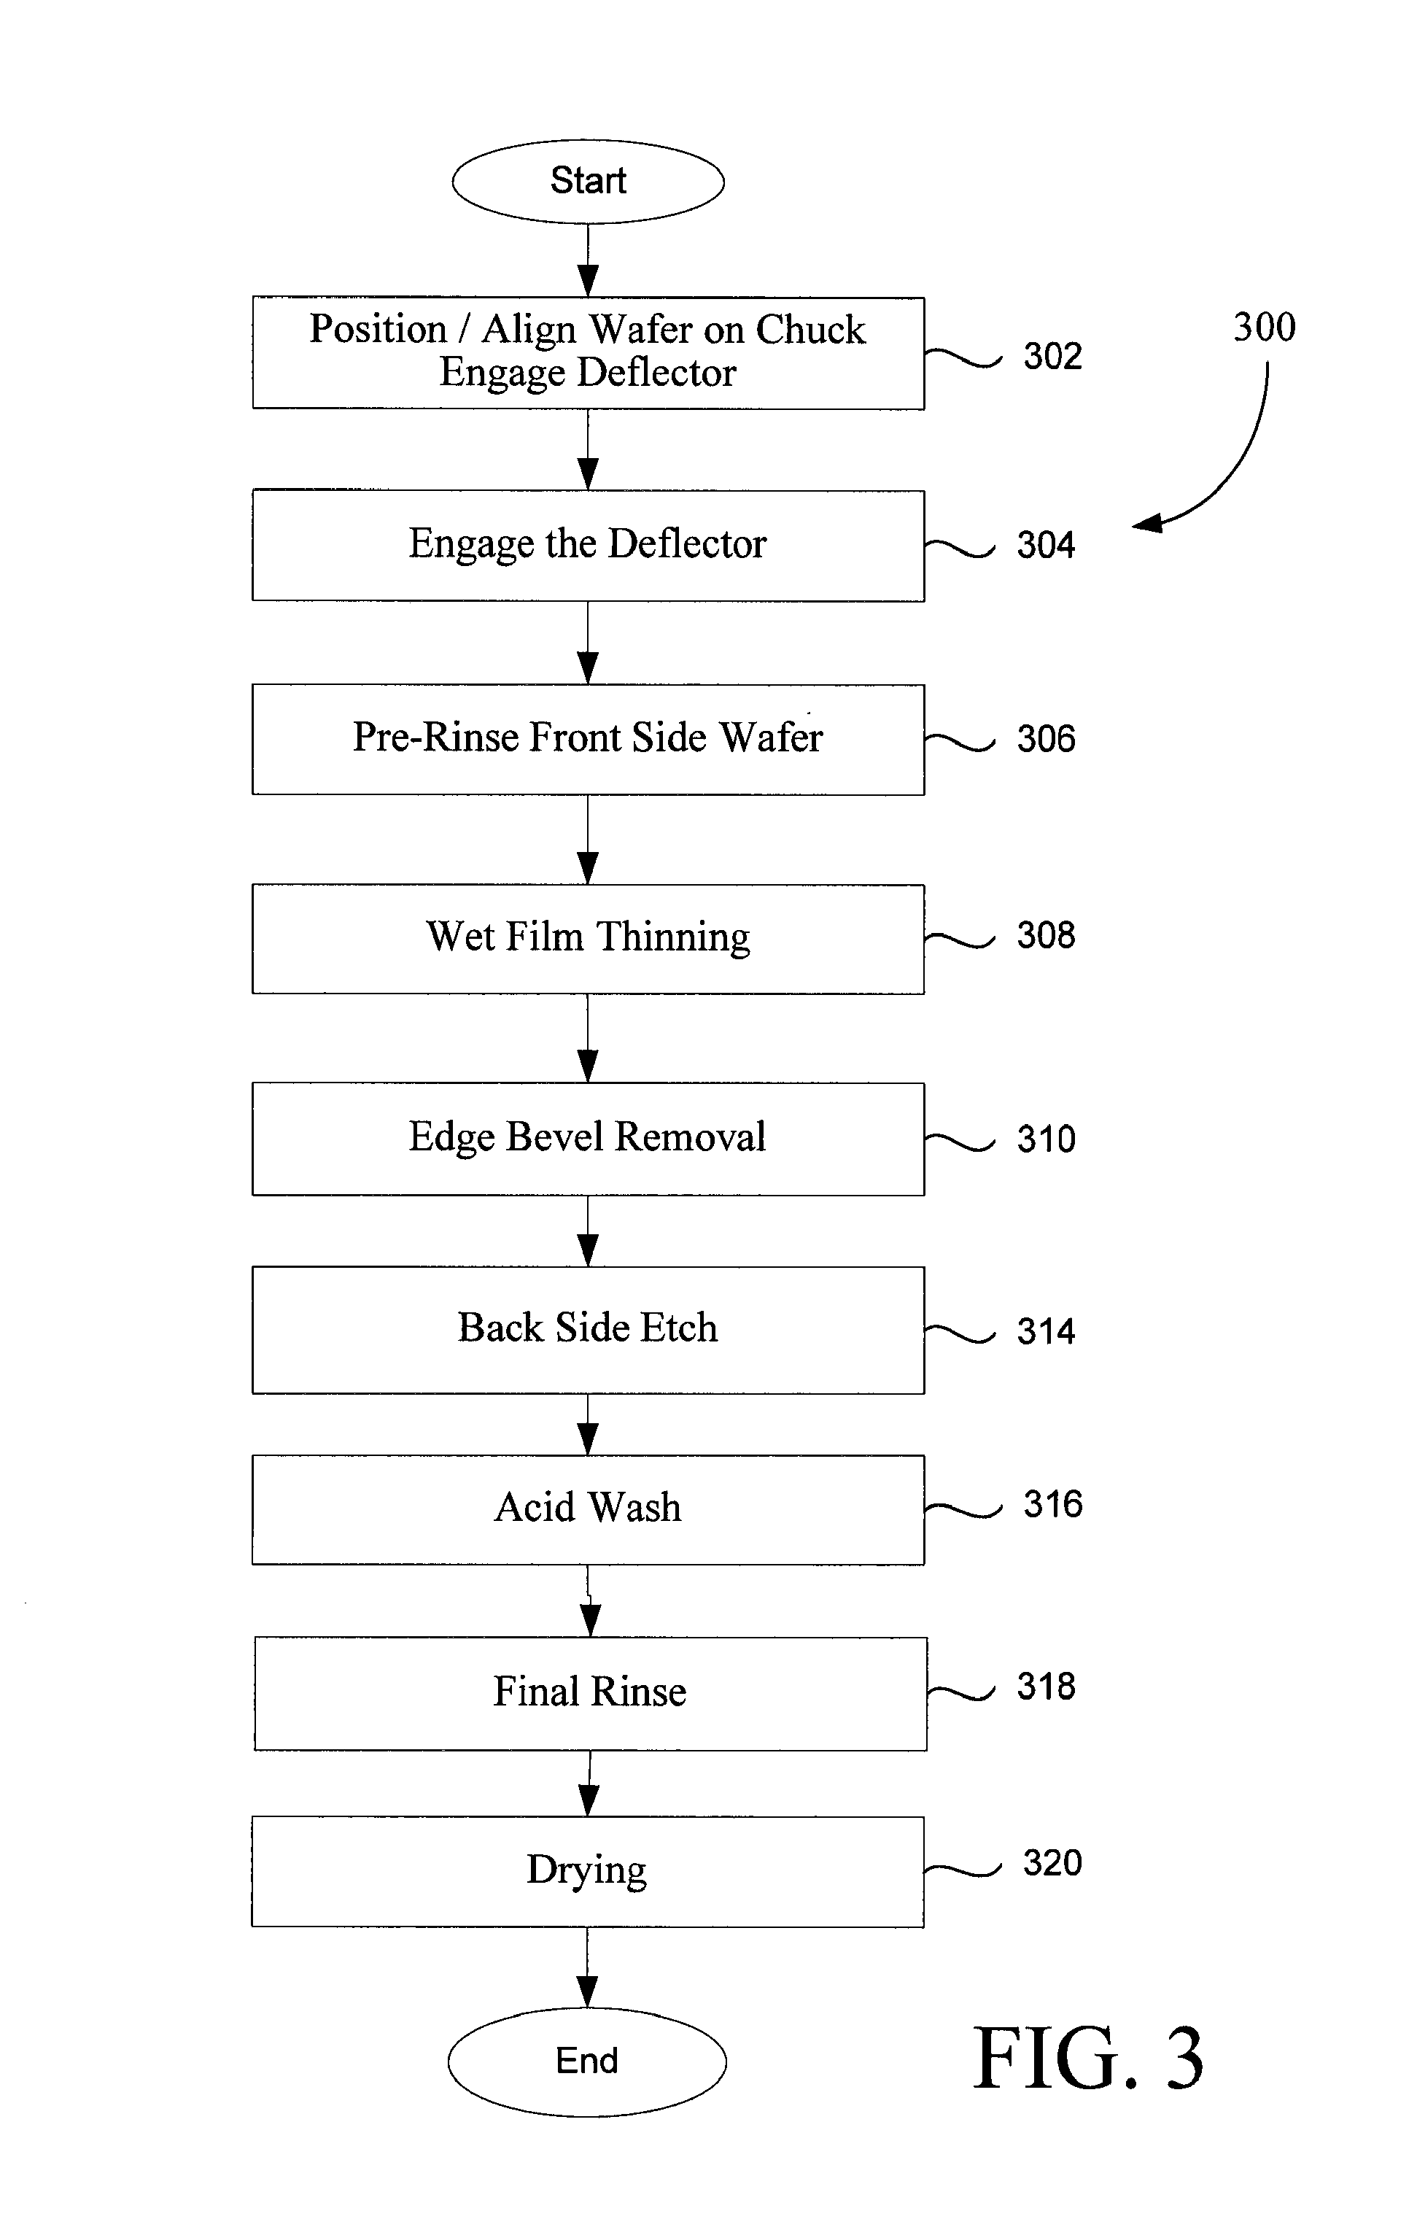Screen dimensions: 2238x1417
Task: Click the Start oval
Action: point(589,181)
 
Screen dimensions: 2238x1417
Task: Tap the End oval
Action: point(587,2061)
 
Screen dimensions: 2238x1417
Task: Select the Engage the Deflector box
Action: point(589,546)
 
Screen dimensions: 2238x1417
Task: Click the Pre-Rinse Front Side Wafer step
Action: point(589,739)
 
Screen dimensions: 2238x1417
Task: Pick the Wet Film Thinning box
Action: point(589,939)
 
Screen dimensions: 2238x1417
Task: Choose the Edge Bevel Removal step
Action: point(589,1139)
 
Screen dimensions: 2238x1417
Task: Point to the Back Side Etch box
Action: point(589,1329)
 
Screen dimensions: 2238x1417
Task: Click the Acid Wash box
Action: point(589,1509)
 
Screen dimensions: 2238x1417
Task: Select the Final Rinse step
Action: point(590,1693)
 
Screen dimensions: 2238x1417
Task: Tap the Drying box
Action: point(587,1871)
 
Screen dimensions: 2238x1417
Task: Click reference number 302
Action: point(1053,356)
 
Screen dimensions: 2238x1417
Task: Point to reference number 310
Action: point(1047,1139)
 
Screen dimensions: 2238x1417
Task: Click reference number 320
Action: point(1053,1862)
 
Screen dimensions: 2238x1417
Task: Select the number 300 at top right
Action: point(1265,327)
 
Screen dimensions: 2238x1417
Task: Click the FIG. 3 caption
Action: point(1088,2059)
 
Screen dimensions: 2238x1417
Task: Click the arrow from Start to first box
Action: point(589,261)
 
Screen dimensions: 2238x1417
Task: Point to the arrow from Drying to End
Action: point(587,1969)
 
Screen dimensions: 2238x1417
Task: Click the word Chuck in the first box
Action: point(810,330)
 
